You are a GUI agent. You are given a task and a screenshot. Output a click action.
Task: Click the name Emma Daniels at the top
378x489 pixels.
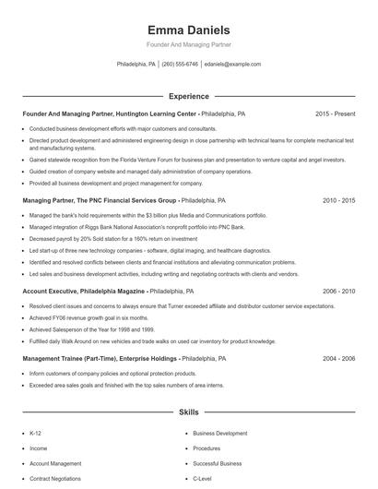[x=188, y=30]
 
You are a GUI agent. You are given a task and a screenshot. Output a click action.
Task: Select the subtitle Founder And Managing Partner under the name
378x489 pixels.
[x=188, y=44]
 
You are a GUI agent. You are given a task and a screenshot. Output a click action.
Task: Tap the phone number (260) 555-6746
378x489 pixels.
[x=180, y=65]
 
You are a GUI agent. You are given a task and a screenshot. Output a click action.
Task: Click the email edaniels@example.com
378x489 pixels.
[x=232, y=65]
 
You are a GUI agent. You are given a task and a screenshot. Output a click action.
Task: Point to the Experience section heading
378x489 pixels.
[x=188, y=96]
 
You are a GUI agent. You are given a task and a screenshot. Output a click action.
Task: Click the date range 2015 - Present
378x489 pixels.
[x=336, y=113]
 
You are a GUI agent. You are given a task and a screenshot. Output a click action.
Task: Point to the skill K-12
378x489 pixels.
[x=36, y=433]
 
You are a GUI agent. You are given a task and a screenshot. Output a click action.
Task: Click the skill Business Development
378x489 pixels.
[x=219, y=433]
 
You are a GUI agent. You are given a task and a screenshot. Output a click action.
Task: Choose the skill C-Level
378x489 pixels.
[x=202, y=480]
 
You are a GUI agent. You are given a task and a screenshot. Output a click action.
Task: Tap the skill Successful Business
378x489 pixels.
[x=218, y=464]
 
